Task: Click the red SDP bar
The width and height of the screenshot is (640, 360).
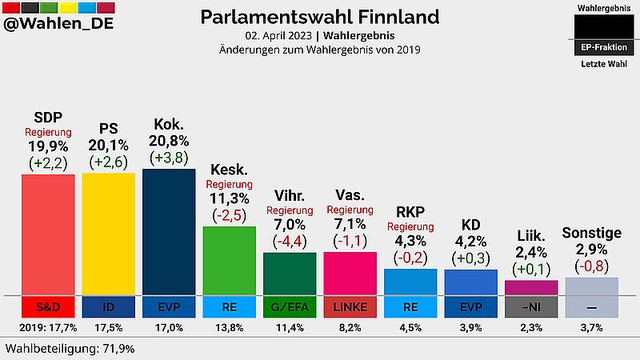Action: (48, 234)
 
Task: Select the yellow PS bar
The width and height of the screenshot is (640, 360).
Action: (108, 234)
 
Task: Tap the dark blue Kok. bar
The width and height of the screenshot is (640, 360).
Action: (169, 231)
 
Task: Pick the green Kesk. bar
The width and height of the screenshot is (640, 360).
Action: (229, 260)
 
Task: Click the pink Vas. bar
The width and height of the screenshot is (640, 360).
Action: (350, 273)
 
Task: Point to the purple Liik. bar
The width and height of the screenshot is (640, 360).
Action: (531, 287)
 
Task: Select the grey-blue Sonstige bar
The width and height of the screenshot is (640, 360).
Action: (592, 286)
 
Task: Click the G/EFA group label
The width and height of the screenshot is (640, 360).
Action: (290, 306)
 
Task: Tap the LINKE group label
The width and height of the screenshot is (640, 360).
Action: (350, 306)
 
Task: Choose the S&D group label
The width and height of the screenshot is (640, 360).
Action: (48, 306)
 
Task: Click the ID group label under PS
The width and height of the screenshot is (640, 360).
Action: (108, 306)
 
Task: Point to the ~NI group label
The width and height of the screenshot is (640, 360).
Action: (531, 306)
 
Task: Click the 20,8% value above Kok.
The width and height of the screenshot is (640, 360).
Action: (169, 141)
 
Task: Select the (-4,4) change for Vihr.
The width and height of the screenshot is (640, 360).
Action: (290, 240)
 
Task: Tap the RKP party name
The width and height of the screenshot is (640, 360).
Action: (410, 211)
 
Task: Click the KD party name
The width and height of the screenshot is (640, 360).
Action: (471, 225)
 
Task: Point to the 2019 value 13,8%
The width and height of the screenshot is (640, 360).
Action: (229, 327)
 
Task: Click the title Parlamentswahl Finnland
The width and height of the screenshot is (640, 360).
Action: (319, 17)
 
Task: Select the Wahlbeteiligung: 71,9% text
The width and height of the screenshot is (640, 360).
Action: (70, 349)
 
